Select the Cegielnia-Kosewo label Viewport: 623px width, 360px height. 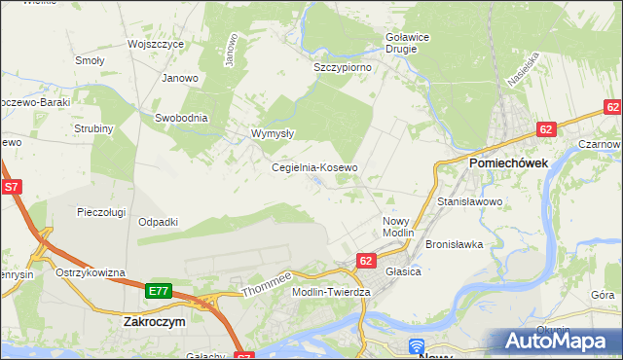[x=314, y=167]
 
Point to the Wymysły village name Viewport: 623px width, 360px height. [x=273, y=134]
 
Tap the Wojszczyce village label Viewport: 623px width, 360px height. [x=157, y=45]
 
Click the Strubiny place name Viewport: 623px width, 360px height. [x=94, y=128]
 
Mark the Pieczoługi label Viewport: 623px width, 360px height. [x=104, y=211]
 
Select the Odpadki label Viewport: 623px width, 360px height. [x=158, y=222]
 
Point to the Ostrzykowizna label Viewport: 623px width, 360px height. [x=91, y=272]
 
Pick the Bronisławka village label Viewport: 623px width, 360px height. [x=455, y=244]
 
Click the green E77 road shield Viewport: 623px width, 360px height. [x=160, y=291]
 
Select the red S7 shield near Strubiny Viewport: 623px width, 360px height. [x=12, y=186]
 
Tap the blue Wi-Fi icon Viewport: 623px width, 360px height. [x=417, y=345]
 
